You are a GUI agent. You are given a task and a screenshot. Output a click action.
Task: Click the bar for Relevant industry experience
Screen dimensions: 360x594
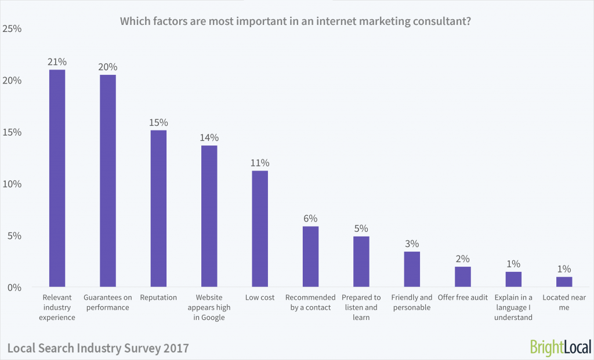point(57,179)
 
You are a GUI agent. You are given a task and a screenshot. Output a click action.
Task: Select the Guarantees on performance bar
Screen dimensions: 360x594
point(108,181)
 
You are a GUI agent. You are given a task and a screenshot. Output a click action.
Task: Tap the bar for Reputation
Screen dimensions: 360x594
point(158,209)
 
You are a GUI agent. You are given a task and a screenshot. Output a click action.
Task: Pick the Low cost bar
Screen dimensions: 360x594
point(260,229)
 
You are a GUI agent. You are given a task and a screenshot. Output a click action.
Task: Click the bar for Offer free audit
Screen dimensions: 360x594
point(462,277)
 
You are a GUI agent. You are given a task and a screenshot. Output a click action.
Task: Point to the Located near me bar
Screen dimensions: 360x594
point(564,282)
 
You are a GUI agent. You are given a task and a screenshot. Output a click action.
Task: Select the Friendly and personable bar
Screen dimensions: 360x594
point(412,270)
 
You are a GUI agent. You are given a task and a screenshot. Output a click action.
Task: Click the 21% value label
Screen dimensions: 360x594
point(57,61)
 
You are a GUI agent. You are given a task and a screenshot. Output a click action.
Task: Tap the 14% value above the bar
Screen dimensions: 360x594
point(209,137)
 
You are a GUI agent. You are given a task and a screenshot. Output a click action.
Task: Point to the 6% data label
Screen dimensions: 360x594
point(310,219)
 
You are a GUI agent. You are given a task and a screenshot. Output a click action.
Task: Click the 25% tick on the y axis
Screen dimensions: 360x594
point(12,28)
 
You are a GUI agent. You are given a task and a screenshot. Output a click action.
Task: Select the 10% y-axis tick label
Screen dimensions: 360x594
point(12,184)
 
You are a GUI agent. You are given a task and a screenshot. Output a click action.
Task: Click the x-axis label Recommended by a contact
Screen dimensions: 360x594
point(310,302)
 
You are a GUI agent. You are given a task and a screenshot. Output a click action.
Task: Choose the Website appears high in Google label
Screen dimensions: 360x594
point(209,307)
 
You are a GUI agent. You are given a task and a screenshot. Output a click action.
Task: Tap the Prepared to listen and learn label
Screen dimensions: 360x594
point(361,307)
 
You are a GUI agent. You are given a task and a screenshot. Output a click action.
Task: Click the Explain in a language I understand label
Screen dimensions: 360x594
point(513,307)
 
